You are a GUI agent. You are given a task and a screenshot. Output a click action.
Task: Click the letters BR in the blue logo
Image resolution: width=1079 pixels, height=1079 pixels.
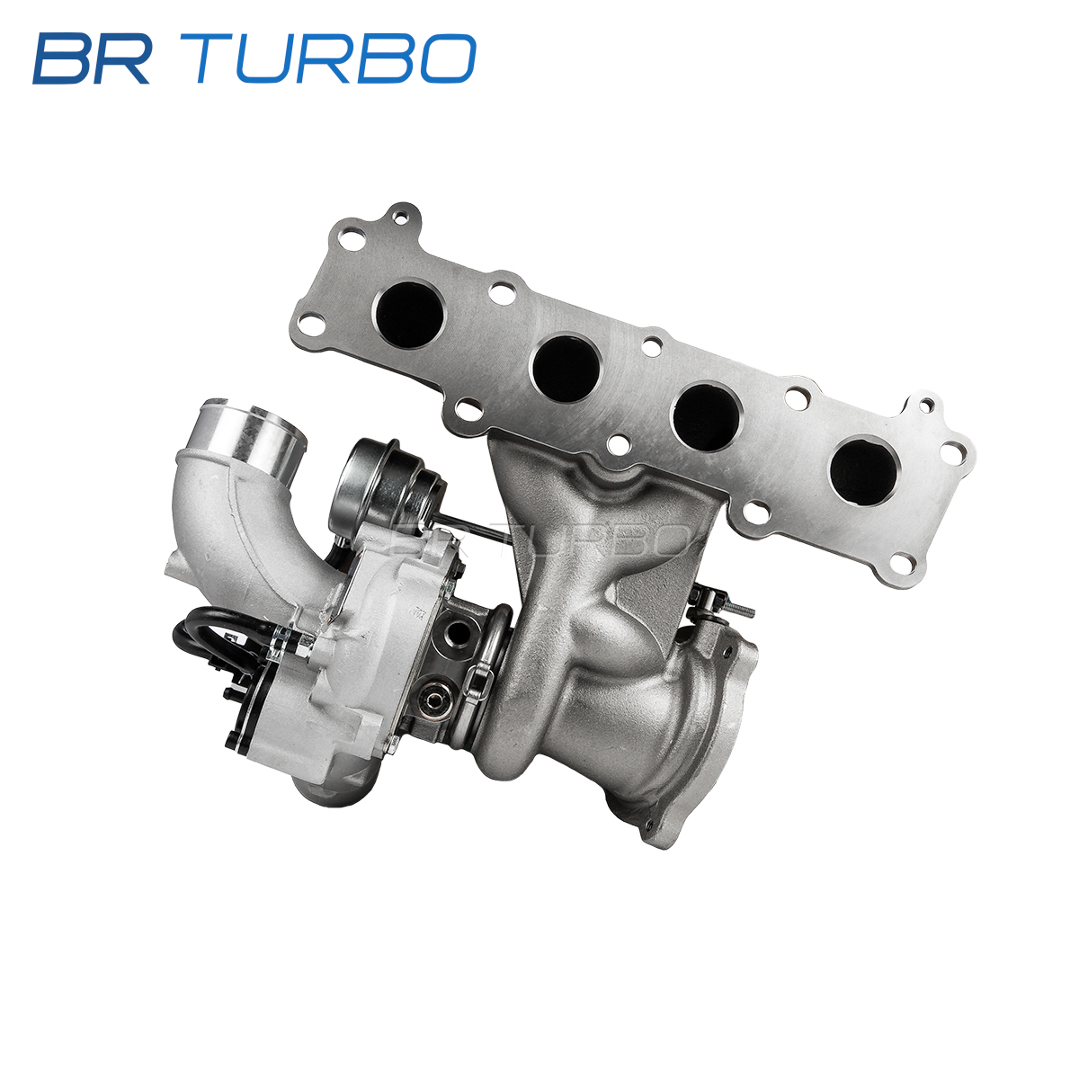[92, 58]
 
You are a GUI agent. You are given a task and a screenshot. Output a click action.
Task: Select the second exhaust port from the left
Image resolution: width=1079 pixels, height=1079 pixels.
[566, 368]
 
